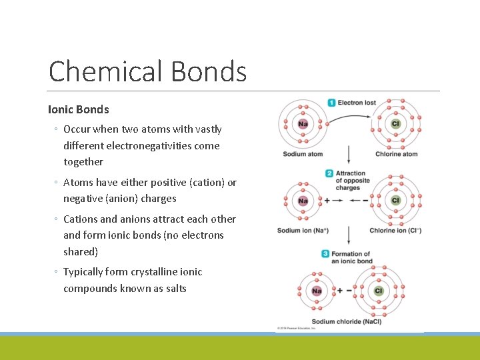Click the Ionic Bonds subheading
pos(78,109)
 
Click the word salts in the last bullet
pos(173,288)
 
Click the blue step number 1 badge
pos(331,103)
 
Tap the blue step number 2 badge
pos(329,173)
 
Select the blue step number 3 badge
pos(325,254)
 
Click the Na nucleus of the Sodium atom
pos(303,124)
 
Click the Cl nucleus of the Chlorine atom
pos(395,124)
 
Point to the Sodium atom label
pos(303,154)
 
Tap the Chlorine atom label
pos(396,154)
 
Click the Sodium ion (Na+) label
pos(303,231)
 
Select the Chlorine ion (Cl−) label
pos(395,231)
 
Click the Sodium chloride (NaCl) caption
pos(347,321)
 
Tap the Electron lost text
pos(357,103)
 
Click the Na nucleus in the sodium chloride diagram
pos(317,291)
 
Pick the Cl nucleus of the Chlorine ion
pos(395,200)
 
